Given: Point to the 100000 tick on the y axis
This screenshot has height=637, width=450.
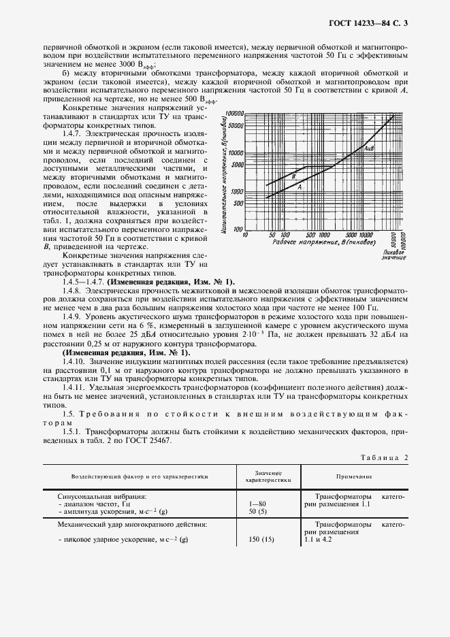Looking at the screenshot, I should pos(234,114).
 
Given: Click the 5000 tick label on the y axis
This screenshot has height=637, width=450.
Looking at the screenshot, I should pos(237,165).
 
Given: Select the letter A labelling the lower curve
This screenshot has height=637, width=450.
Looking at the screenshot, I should pos(300,186).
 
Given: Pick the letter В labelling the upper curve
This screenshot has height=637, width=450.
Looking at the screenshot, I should pos(293,176).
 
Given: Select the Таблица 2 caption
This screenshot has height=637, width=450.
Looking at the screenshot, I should pos(385,457).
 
